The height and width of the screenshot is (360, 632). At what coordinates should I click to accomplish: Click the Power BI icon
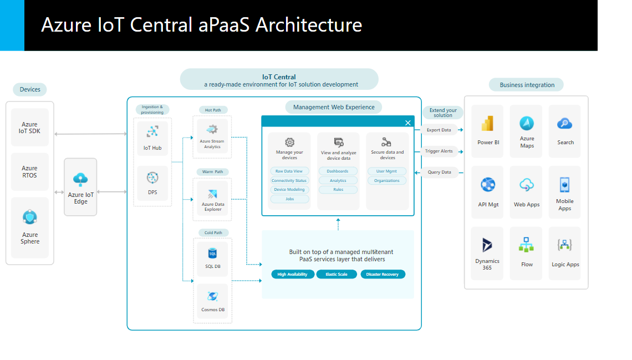point(488,124)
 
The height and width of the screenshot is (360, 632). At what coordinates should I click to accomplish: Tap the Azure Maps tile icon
point(527,123)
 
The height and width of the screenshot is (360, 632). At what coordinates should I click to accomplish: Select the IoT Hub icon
point(152,131)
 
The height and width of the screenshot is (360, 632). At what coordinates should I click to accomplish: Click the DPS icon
point(152,178)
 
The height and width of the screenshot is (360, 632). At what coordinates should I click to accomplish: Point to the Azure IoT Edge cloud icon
point(81,179)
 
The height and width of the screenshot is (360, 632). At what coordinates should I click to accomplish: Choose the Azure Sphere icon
point(30,217)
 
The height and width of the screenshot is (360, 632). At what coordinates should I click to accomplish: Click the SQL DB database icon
point(212,253)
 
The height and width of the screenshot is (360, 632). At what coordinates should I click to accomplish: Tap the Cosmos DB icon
point(212,296)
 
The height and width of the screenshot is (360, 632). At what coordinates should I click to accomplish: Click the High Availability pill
point(293,274)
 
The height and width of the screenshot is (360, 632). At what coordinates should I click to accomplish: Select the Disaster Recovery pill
point(383,274)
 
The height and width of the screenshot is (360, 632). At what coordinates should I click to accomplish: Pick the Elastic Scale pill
point(337,274)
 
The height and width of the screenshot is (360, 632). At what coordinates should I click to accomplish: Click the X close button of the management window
point(408,123)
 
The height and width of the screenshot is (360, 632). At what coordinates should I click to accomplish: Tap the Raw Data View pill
point(289,171)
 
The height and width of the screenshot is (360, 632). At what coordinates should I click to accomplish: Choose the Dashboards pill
point(338,171)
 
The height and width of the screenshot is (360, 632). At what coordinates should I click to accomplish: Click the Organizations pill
point(387,180)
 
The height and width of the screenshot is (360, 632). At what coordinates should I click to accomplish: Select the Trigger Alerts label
point(439,151)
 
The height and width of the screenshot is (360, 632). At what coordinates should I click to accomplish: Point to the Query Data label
point(439,172)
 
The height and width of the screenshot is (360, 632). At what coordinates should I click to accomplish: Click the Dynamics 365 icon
point(487,245)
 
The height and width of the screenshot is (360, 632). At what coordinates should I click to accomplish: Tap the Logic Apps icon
point(565,245)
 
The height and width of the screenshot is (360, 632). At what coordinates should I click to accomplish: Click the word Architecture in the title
point(308,25)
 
